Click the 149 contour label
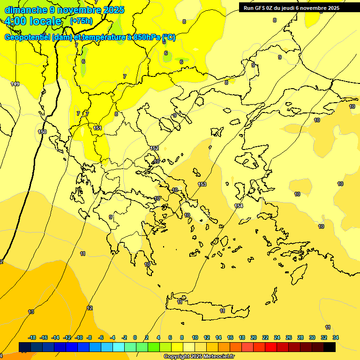coord(15,84)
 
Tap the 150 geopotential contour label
coord(42,132)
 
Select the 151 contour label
coord(97,128)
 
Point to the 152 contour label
coord(154,148)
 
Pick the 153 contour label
coord(202,184)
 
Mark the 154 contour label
coord(239,206)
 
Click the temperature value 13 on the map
coord(31,312)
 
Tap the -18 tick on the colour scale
coord(32,337)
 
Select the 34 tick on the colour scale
coord(335,337)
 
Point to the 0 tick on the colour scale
coord(135,337)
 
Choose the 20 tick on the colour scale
coord(254,337)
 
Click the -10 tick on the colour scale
coord(79,337)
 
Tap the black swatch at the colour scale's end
coord(330,347)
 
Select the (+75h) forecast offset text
coord(81,21)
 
